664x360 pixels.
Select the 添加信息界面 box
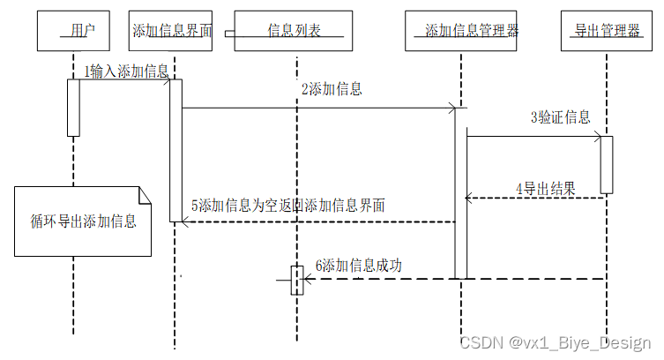pyautogui.click(x=171, y=31)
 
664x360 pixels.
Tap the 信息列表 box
pyautogui.click(x=294, y=31)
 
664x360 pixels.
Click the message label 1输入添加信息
pyautogui.click(x=126, y=71)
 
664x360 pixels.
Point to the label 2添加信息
pyautogui.click(x=332, y=89)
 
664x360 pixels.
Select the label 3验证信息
pyautogui.click(x=560, y=117)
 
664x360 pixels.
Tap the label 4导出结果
pyautogui.click(x=546, y=188)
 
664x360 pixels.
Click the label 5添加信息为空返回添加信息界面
pyautogui.click(x=287, y=206)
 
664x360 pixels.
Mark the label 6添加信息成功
pyautogui.click(x=358, y=265)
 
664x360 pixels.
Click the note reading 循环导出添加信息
pyautogui.click(x=78, y=221)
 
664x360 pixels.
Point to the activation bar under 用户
pyautogui.click(x=74, y=108)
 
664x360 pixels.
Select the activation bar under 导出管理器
pyautogui.click(x=607, y=164)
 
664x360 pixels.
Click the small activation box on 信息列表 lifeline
pyautogui.click(x=297, y=280)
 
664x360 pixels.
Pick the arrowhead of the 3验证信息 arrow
pyautogui.click(x=598, y=137)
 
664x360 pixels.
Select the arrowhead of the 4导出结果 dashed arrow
pyautogui.click(x=469, y=199)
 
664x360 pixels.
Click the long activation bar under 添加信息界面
pyautogui.click(x=175, y=150)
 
